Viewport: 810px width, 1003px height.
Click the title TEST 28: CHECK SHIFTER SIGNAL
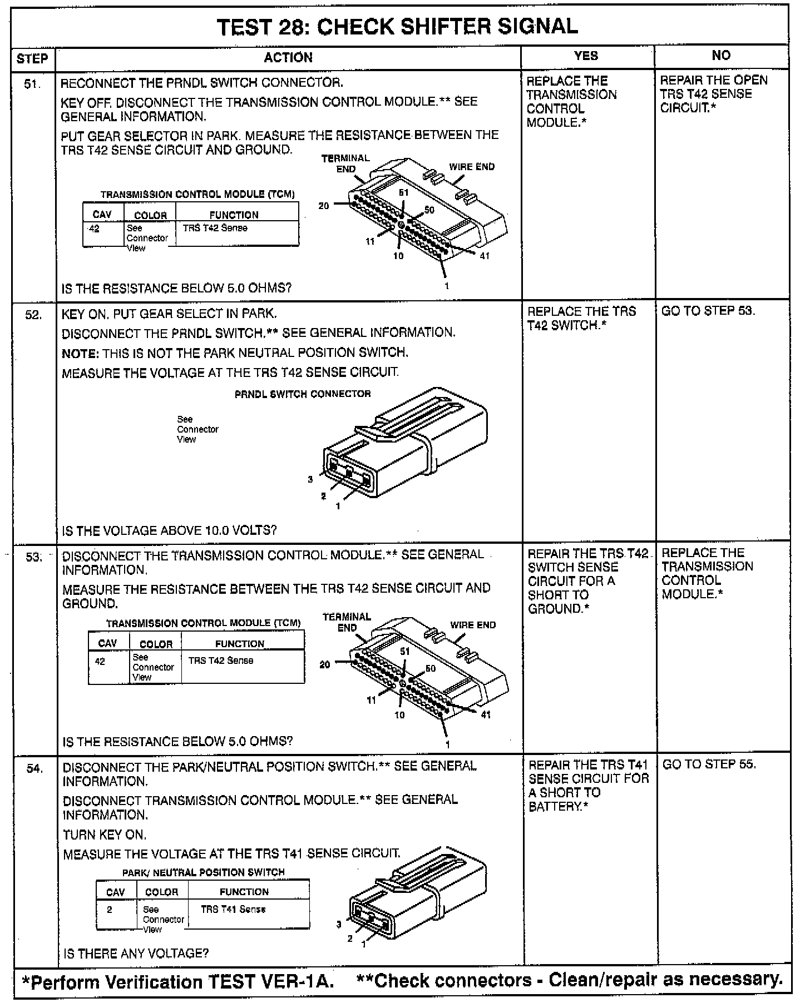pyautogui.click(x=397, y=27)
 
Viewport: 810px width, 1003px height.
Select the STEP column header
pyautogui.click(x=32, y=58)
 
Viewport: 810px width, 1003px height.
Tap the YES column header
pyautogui.click(x=586, y=56)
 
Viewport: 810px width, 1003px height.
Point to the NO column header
pyautogui.click(x=721, y=55)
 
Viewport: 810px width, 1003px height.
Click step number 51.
pyautogui.click(x=33, y=85)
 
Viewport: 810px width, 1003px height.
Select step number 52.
pyautogui.click(x=34, y=315)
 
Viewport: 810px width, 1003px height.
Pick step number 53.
pyautogui.click(x=34, y=557)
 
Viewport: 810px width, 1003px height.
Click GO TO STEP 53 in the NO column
pyautogui.click(x=708, y=311)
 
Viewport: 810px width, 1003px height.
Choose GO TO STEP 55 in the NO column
pyautogui.click(x=709, y=764)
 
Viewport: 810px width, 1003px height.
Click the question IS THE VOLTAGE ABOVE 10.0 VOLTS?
pyautogui.click(x=169, y=530)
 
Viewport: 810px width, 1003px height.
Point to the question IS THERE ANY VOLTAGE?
pyautogui.click(x=136, y=954)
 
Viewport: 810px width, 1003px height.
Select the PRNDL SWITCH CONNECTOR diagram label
pyautogui.click(x=303, y=394)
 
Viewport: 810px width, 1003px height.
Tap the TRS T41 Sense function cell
pyautogui.click(x=233, y=909)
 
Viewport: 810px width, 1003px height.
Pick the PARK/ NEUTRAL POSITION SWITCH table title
pyautogui.click(x=203, y=872)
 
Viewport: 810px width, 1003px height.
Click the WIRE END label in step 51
pyautogui.click(x=472, y=167)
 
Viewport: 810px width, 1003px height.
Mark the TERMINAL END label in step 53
pyautogui.click(x=347, y=622)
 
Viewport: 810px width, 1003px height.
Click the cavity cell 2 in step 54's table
pyautogui.click(x=110, y=910)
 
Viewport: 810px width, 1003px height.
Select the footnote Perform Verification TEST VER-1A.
pyautogui.click(x=178, y=982)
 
